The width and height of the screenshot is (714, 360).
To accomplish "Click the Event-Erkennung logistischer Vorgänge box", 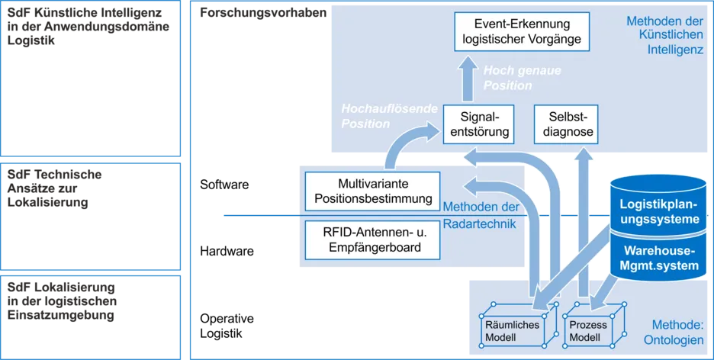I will coord(523,31).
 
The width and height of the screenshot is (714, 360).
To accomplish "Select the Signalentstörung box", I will coord(478,124).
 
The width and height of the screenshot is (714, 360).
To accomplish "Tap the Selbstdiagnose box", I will coord(564,124).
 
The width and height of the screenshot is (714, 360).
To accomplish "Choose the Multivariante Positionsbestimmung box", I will coord(373,191).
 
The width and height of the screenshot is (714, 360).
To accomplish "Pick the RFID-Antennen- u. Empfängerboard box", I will coord(373,239).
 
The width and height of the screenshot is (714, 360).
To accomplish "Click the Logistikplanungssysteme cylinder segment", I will coord(659,213).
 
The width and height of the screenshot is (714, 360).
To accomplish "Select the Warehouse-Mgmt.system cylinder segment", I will coord(659,258).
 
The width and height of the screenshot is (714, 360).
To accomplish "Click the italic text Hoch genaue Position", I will coord(512,78).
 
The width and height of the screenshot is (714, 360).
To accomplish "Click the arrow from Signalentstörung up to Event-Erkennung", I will coord(466,79).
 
